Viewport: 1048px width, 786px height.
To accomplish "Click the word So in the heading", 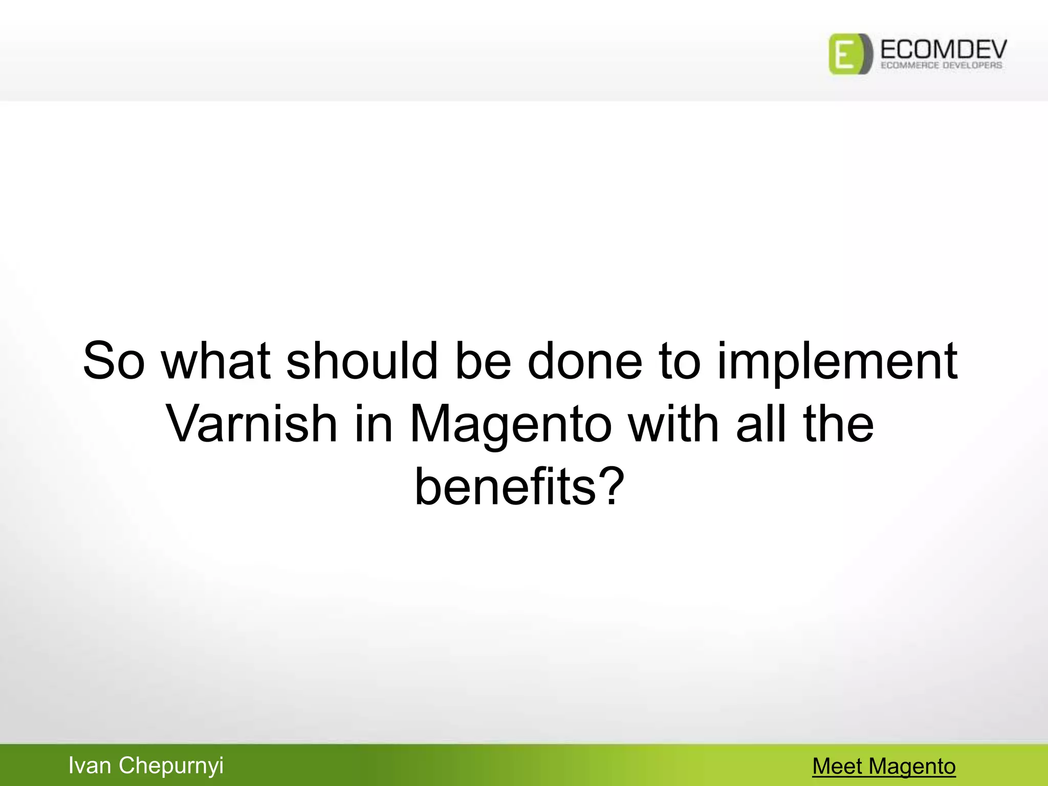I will point(114,361).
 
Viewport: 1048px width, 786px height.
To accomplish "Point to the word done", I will point(585,361).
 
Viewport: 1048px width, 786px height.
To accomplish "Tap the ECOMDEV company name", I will point(943,49).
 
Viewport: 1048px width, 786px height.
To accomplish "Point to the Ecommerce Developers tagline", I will point(941,65).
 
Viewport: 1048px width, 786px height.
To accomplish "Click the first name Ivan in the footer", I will point(90,766).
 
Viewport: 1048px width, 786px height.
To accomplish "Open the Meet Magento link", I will point(884,766).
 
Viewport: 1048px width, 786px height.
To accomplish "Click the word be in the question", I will point(483,361).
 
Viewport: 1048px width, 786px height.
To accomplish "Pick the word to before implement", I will point(680,361).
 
